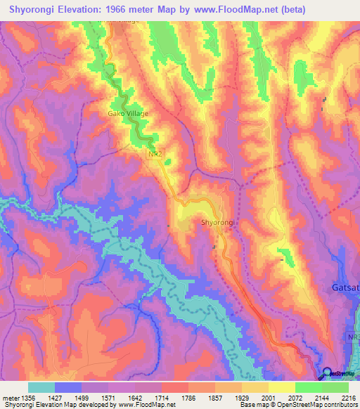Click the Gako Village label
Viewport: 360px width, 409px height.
coord(128,112)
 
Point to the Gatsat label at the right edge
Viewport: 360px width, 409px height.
coord(345,288)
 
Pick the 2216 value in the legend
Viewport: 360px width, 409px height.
coord(349,397)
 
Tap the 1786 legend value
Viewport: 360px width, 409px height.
coord(188,397)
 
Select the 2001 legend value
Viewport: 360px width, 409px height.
coord(269,397)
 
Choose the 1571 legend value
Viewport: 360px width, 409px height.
coord(108,397)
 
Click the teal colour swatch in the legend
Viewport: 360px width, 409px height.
coord(41,387)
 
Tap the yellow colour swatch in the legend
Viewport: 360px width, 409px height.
coord(282,387)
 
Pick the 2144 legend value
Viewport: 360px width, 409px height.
coord(322,397)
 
